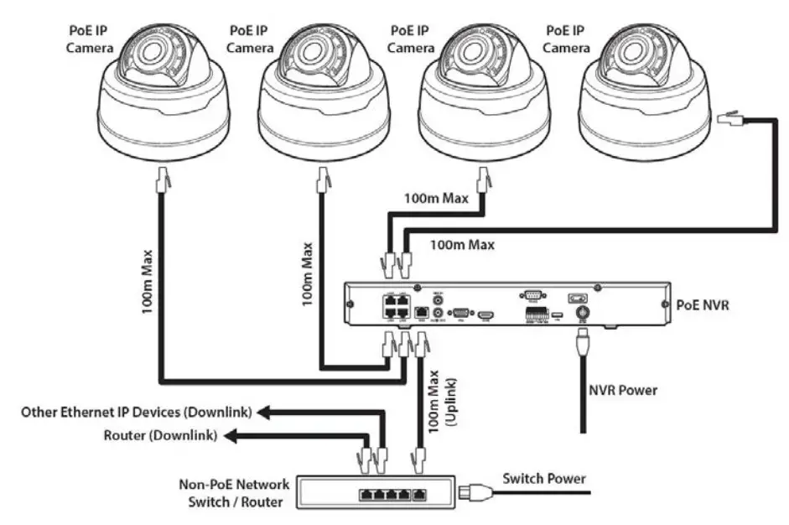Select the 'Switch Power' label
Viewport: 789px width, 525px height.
point(543,479)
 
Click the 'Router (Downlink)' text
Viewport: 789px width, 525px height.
point(160,436)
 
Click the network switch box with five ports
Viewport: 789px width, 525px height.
point(377,493)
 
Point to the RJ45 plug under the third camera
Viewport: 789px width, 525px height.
point(482,179)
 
